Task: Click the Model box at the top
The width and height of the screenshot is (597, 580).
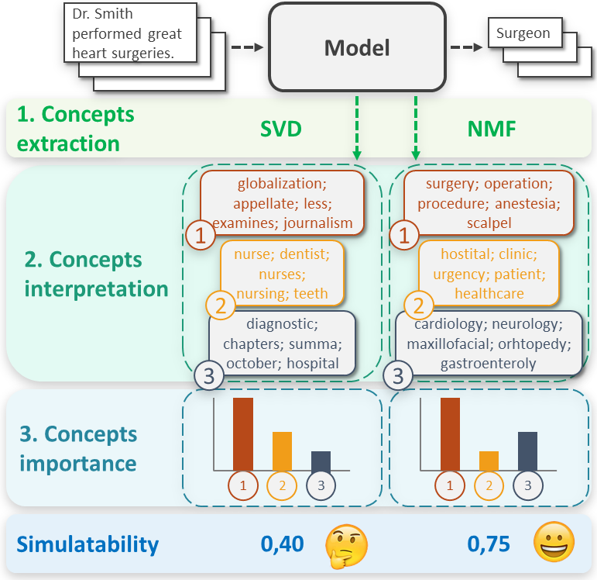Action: tap(357, 47)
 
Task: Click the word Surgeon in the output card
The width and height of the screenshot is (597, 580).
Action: tap(523, 33)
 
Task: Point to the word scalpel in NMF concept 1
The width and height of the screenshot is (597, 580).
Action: tap(489, 223)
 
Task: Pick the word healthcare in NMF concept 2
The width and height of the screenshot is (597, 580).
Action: tap(489, 293)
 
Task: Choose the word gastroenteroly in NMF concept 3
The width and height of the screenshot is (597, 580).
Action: tap(489, 363)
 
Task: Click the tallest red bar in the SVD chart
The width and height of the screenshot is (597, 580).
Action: tap(243, 433)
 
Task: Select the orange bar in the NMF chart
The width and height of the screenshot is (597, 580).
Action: tap(489, 461)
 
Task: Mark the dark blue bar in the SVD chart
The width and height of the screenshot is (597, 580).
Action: tap(321, 461)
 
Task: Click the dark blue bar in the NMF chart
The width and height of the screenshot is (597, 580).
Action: tap(527, 451)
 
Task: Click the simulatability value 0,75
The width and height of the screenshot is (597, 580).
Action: tap(489, 544)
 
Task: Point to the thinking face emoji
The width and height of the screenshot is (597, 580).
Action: tap(345, 544)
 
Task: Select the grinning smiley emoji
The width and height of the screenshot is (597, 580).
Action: tap(554, 543)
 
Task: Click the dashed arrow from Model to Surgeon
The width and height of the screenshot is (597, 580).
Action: tap(463, 47)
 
